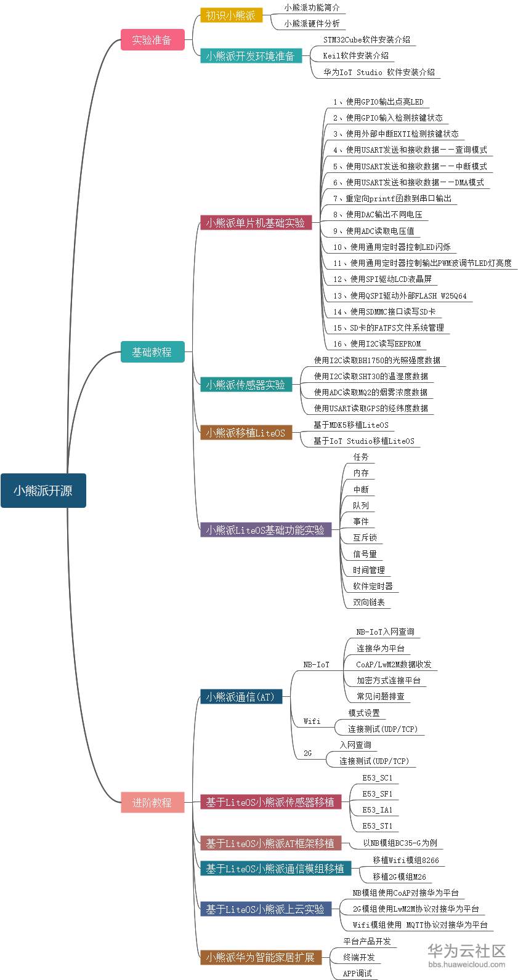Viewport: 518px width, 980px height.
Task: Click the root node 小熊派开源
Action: pyautogui.click(x=43, y=491)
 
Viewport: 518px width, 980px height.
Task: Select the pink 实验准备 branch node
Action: pyautogui.click(x=152, y=40)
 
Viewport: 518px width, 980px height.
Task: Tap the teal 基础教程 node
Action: pyautogui.click(x=152, y=352)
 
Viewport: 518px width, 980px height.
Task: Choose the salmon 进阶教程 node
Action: pyautogui.click(x=152, y=803)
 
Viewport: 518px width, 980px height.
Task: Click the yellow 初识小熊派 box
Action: pyautogui.click(x=231, y=15)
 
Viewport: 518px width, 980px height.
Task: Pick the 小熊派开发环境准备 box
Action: pyautogui.click(x=251, y=56)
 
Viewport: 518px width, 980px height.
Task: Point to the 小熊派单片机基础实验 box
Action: pyautogui.click(x=256, y=223)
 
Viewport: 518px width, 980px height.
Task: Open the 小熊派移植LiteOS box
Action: pyautogui.click(x=246, y=433)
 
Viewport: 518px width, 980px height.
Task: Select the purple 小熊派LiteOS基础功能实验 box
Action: pyautogui.click(x=265, y=530)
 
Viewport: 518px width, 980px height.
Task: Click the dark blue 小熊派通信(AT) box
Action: pyautogui.click(x=241, y=697)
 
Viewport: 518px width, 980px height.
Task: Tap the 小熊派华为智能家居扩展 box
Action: pyautogui.click(x=261, y=957)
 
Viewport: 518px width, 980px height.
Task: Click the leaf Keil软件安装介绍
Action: pyautogui.click(x=356, y=55)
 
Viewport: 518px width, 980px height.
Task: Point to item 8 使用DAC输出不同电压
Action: pyautogui.click(x=378, y=214)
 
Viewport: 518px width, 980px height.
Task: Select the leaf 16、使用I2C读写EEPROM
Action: pyautogui.click(x=377, y=343)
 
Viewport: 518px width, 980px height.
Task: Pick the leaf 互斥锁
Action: pyautogui.click(x=365, y=537)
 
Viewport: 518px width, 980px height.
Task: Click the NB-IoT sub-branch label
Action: pyautogui.click(x=317, y=665)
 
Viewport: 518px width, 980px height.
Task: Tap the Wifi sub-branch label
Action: pyautogui.click(x=312, y=721)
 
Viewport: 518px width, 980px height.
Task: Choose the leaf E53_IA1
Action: pyautogui.click(x=377, y=809)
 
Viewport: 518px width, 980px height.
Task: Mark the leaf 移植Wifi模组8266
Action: pyautogui.click(x=405, y=860)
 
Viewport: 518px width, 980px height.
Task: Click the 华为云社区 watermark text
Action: pyautogui.click(x=466, y=951)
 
